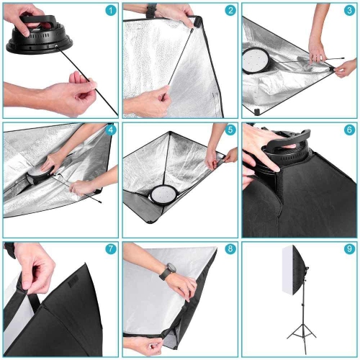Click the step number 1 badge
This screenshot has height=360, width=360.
[x=110, y=11]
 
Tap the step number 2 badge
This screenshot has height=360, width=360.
[x=230, y=11]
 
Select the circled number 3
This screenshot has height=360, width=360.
[x=348, y=11]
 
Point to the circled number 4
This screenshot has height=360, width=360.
[x=110, y=130]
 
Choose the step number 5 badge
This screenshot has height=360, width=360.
[x=230, y=130]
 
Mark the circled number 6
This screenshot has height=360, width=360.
[x=348, y=130]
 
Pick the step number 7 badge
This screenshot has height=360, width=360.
[x=110, y=249]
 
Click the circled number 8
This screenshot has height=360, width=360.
[x=230, y=249]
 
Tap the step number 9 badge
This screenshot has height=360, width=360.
[x=348, y=249]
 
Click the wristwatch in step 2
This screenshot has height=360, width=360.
[x=151, y=11]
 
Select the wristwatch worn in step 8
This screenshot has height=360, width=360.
[x=168, y=271]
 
